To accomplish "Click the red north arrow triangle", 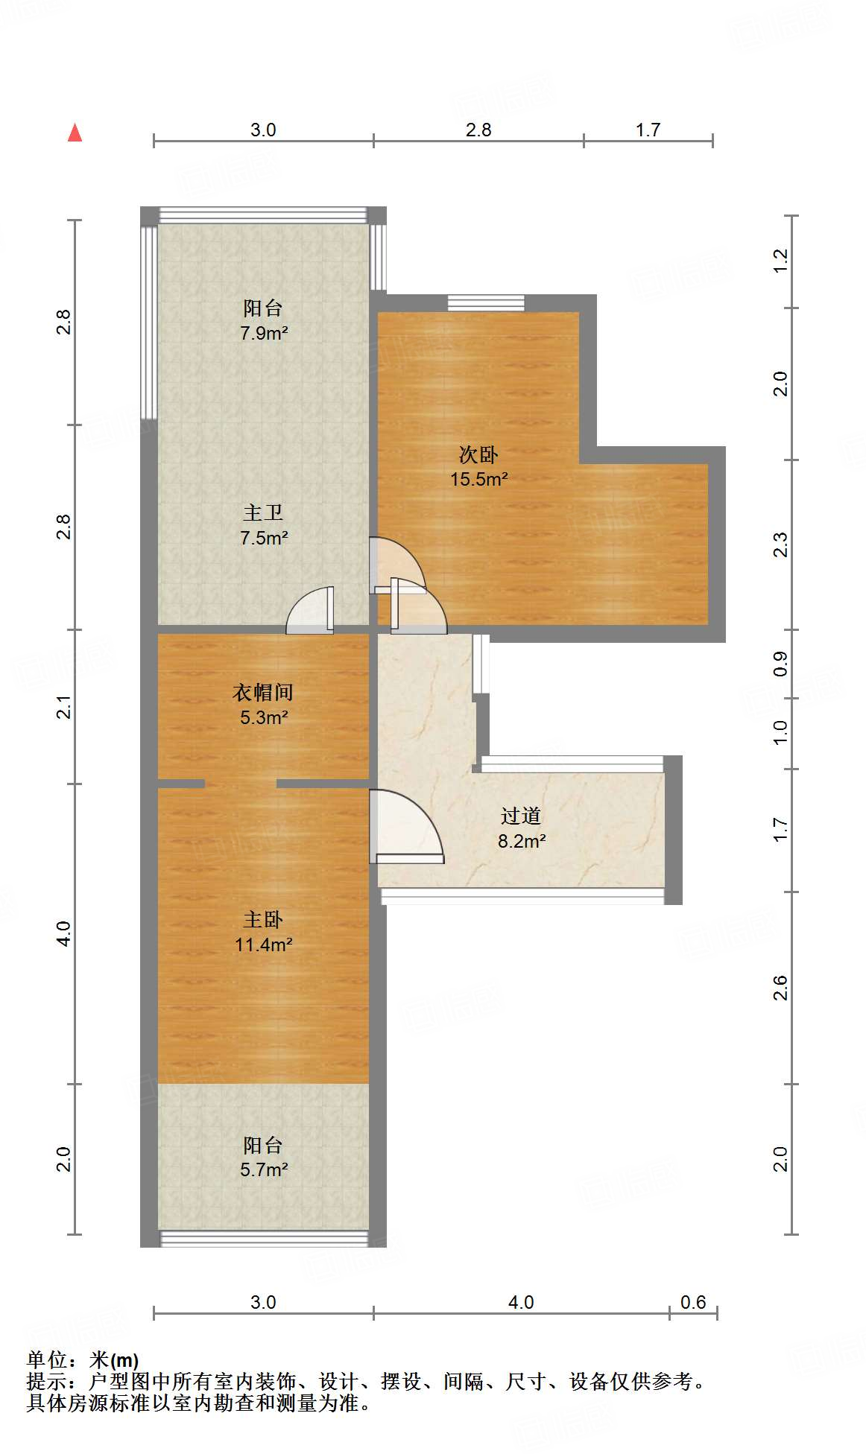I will [x=75, y=133].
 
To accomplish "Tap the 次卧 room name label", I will [x=478, y=454].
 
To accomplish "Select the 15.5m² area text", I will [x=478, y=479].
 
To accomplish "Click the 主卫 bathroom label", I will [x=263, y=512].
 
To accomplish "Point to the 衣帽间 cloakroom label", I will [x=263, y=693].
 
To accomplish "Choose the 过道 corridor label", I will [x=520, y=816].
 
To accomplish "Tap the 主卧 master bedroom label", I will [x=263, y=920].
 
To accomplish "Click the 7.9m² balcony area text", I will [x=264, y=333].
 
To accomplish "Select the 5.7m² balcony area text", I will [x=264, y=1169].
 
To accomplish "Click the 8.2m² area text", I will [x=522, y=841].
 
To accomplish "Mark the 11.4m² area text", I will [x=263, y=945].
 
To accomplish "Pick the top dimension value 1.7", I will [x=648, y=130].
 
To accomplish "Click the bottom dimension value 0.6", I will [x=693, y=1302].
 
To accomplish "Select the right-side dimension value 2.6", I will [x=780, y=988].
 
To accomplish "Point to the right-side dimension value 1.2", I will [x=780, y=261].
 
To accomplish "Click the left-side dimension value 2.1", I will [x=65, y=706].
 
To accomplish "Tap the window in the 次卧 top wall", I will [x=486, y=303].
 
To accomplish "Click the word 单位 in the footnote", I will [x=48, y=1361].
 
